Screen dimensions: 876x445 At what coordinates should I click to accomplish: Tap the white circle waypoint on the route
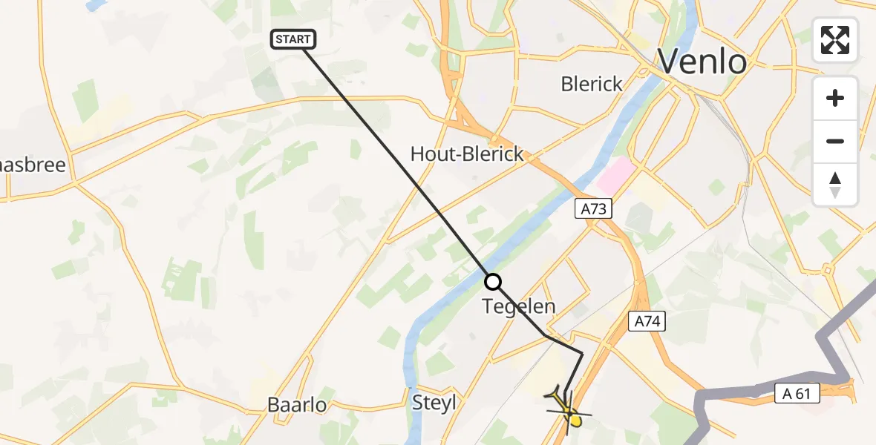click(x=493, y=282)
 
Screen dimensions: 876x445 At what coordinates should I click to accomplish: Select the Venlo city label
click(x=702, y=62)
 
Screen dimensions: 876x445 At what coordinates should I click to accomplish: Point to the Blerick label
click(x=592, y=85)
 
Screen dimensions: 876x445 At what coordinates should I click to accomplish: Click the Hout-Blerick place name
click(x=467, y=154)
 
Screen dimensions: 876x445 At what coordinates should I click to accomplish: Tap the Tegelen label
click(x=519, y=306)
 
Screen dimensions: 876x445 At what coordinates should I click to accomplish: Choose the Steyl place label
click(x=434, y=403)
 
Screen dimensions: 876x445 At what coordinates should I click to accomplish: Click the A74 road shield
click(x=647, y=321)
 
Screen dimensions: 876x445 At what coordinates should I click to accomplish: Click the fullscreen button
click(x=835, y=40)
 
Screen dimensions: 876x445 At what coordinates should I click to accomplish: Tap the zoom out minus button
click(x=835, y=141)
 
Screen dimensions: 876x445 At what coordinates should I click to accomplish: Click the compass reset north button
click(x=835, y=184)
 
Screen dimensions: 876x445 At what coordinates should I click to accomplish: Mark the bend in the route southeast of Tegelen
click(x=582, y=355)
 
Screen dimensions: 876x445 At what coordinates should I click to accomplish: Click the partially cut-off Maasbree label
click(x=33, y=165)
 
